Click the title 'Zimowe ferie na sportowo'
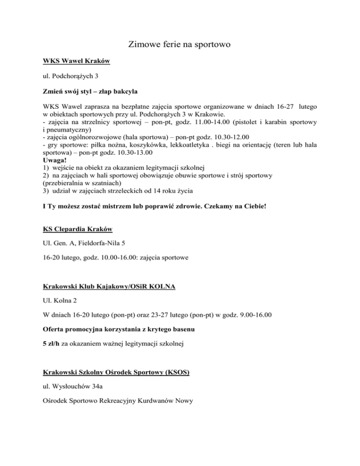pyautogui.click(x=180, y=45)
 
